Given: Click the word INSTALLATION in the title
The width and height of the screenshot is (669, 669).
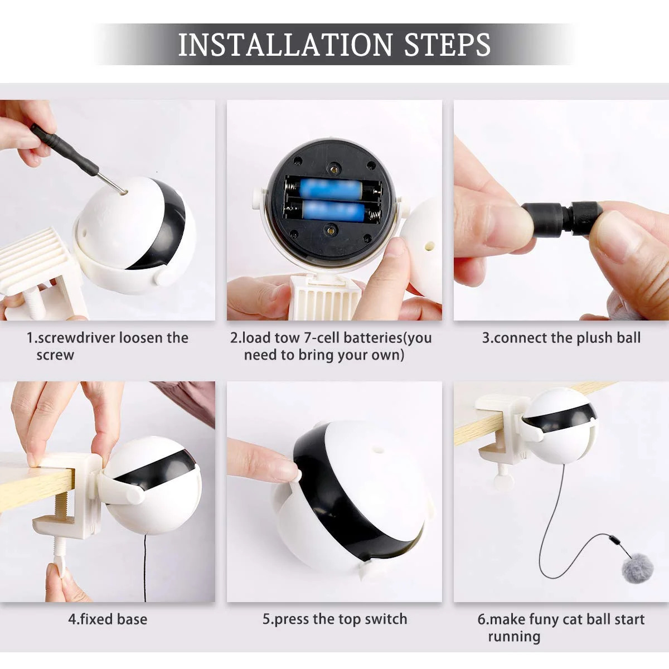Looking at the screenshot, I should coord(285,45).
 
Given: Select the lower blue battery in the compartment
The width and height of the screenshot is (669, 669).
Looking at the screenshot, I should coord(334,211).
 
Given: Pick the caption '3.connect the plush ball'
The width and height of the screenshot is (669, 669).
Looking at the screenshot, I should coord(561,338).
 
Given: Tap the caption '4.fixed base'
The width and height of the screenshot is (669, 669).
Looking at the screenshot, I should coord(108,619).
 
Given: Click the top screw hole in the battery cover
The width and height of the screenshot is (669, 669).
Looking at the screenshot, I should coord(334,167).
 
